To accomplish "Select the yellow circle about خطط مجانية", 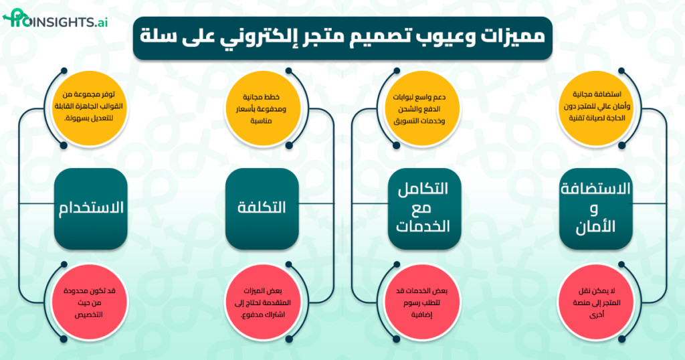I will pyautogui.click(x=262, y=105).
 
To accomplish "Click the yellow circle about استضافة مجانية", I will pyautogui.click(x=595, y=105).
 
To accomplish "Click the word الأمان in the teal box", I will pyautogui.click(x=595, y=226).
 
